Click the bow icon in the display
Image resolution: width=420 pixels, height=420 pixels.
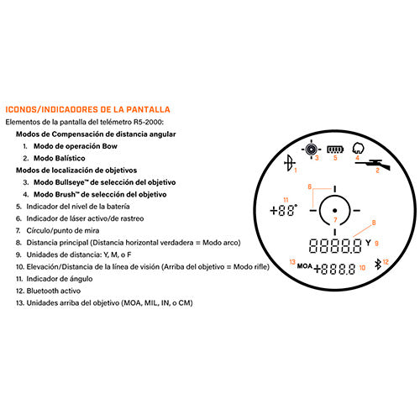point(289,163)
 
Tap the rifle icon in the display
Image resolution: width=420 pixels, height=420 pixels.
point(372,164)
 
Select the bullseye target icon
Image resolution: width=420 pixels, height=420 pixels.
point(311,150)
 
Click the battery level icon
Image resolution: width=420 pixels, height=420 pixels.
point(335,150)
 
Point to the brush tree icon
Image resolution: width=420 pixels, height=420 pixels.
point(358,148)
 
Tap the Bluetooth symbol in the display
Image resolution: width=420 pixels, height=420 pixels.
point(378,265)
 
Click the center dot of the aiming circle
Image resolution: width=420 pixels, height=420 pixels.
point(334,210)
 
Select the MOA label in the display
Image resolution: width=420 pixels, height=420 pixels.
point(304,266)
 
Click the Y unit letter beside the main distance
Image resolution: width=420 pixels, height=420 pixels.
point(368,243)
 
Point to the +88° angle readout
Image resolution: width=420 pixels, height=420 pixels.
point(283,210)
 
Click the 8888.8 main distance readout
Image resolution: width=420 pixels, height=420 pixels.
point(335,246)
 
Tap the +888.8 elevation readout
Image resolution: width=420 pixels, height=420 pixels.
point(334,270)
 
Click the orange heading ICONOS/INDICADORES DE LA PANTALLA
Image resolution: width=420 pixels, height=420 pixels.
point(87,109)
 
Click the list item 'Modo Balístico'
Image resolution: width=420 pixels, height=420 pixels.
point(60,158)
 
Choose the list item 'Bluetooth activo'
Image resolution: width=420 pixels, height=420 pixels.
point(54,291)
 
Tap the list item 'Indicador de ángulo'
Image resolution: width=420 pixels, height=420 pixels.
point(60,279)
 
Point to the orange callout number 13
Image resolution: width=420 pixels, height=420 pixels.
point(292,262)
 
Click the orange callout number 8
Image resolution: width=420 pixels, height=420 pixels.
point(374,223)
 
